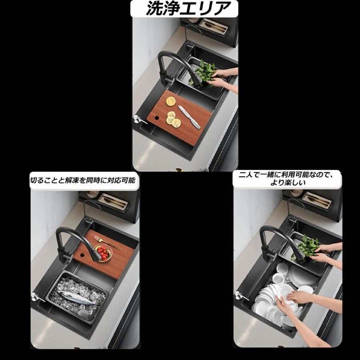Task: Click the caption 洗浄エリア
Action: tap(186, 8)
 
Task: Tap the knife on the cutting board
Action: tap(189, 117)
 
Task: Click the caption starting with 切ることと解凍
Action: tap(83, 180)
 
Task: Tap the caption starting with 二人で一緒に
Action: tap(287, 179)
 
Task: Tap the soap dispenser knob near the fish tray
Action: tap(35, 296)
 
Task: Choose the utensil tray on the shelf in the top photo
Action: tap(213, 26)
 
